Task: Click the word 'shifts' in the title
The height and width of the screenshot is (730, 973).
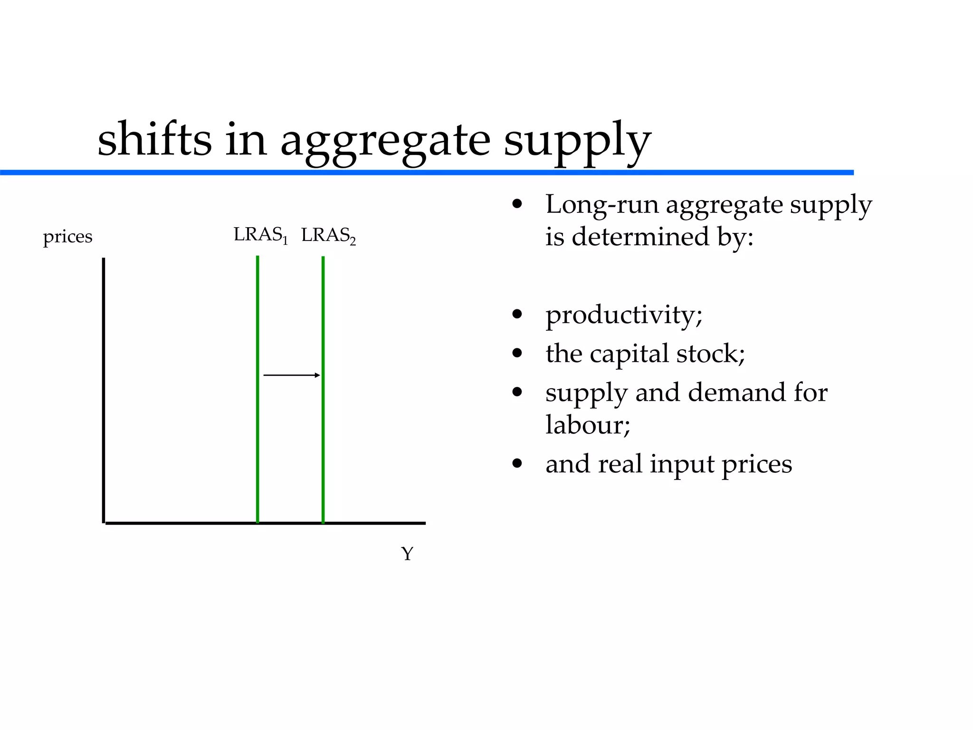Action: coord(154,139)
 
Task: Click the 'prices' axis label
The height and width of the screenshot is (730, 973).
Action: coord(67,236)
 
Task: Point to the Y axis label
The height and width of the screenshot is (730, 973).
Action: coord(407,554)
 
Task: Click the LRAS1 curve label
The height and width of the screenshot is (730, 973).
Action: coord(260,235)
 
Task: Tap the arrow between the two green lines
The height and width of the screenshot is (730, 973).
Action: coord(292,375)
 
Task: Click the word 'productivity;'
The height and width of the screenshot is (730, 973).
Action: coord(624,315)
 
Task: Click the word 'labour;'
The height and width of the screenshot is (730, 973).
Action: coord(588,424)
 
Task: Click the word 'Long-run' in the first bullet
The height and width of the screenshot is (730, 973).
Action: coord(601,205)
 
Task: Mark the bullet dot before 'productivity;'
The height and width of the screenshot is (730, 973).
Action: coord(517,314)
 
